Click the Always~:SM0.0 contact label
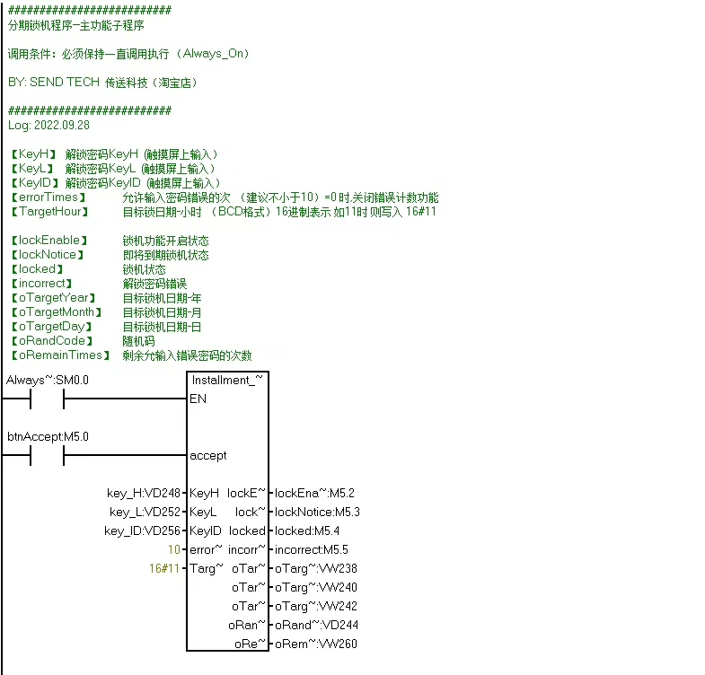click(x=48, y=381)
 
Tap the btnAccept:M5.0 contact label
click(x=48, y=437)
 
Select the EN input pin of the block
click(x=198, y=399)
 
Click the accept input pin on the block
click(x=207, y=455)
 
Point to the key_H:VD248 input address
click(x=144, y=493)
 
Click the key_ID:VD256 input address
click(x=143, y=530)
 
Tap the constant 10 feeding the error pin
click(x=174, y=549)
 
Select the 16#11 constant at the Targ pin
click(x=165, y=568)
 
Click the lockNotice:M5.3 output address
click(x=317, y=512)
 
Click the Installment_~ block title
click(x=227, y=381)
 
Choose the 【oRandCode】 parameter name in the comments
click(x=50, y=341)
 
